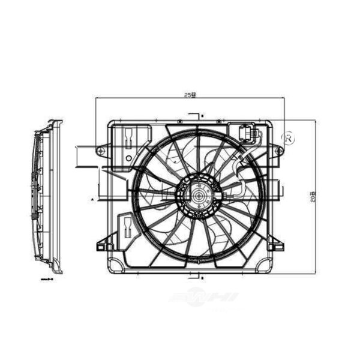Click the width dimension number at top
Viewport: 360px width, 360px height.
(190, 95)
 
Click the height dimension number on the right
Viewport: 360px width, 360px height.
(313, 196)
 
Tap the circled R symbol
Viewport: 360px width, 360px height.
(289, 137)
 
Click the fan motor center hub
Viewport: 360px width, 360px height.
(197, 194)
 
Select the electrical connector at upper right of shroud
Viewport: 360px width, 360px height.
(247, 133)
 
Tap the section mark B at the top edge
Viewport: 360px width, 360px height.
(203, 115)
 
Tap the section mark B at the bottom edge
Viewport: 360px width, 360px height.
(203, 278)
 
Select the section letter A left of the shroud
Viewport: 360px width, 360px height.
(92, 197)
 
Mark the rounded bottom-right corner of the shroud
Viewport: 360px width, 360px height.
(264, 265)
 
